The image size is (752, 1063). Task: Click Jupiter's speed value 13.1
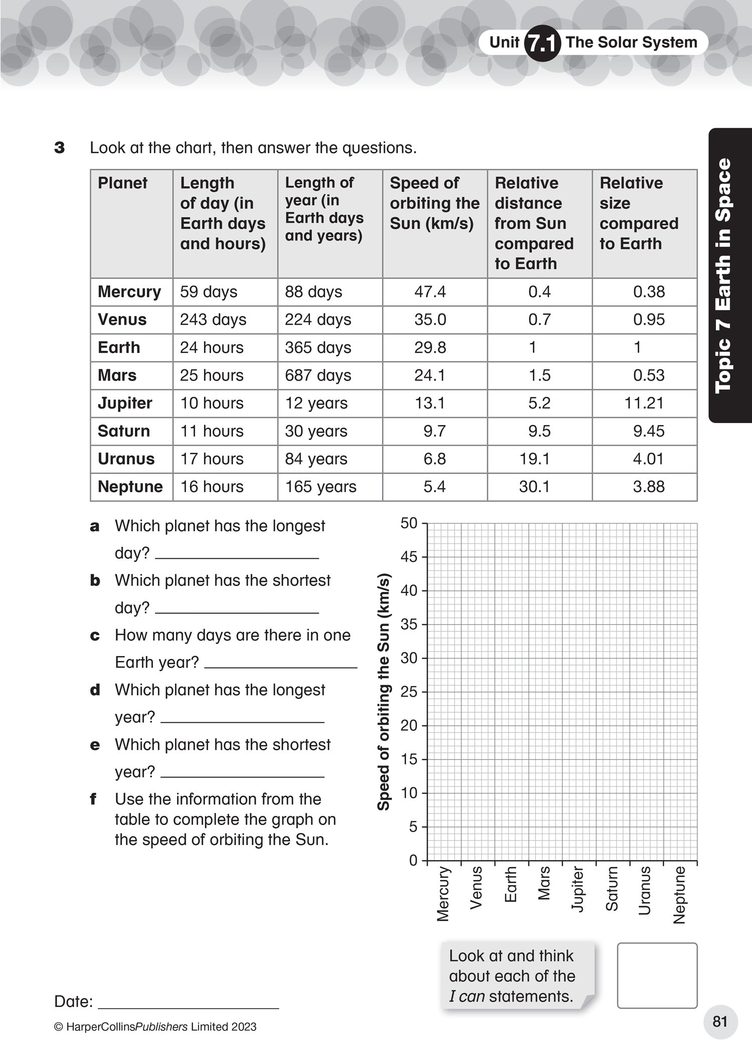(x=430, y=403)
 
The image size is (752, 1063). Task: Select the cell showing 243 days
(x=213, y=320)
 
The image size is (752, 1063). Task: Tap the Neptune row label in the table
(x=130, y=487)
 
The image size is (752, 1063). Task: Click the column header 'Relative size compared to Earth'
(x=639, y=214)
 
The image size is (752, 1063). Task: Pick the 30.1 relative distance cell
(x=534, y=487)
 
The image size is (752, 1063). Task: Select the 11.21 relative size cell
(x=644, y=403)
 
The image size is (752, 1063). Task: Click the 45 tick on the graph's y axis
(x=409, y=557)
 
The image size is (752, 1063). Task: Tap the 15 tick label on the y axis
(x=409, y=759)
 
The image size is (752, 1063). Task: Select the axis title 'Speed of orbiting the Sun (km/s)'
(x=384, y=692)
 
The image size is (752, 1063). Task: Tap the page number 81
(x=720, y=1022)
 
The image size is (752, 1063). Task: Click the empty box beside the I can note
(x=657, y=975)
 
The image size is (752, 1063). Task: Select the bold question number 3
(x=60, y=148)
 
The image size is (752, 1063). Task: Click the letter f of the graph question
(x=93, y=799)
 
